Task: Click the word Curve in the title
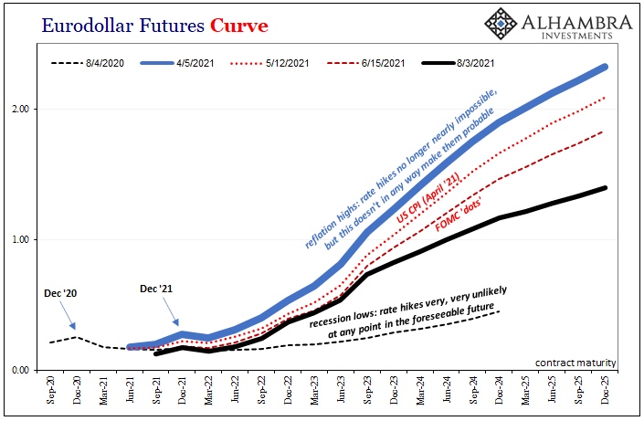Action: pyautogui.click(x=239, y=26)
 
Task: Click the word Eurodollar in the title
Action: pyautogui.click(x=88, y=26)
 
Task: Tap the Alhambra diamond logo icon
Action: pyautogui.click(x=501, y=24)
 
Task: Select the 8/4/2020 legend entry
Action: pyautogui.click(x=88, y=63)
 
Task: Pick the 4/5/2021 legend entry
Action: pyautogui.click(x=177, y=63)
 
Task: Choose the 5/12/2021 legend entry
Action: pyautogui.click(x=269, y=63)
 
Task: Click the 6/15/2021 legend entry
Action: pyautogui.click(x=366, y=63)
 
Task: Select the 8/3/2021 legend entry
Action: pyautogui.click(x=458, y=63)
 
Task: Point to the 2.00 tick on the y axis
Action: pyautogui.click(x=20, y=110)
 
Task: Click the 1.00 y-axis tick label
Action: pyautogui.click(x=20, y=239)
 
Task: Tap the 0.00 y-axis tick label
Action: pyautogui.click(x=20, y=370)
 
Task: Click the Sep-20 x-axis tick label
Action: pyautogui.click(x=50, y=390)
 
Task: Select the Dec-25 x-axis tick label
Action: pyautogui.click(x=605, y=390)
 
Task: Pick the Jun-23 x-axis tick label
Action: pyautogui.click(x=341, y=390)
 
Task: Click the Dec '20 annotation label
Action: pyautogui.click(x=60, y=293)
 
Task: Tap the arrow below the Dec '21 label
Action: pyautogui.click(x=171, y=311)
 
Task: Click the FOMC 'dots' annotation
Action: pyautogui.click(x=458, y=216)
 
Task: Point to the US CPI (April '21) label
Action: pyautogui.click(x=428, y=197)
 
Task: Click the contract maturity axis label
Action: pyautogui.click(x=575, y=363)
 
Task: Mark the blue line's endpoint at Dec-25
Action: pyautogui.click(x=605, y=67)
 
